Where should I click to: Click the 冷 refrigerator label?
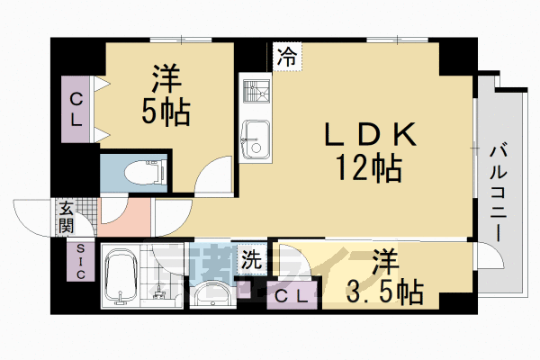coord(286,55)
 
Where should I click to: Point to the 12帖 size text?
coord(369,166)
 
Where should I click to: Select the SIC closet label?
coord(80,262)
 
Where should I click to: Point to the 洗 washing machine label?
coord(252,259)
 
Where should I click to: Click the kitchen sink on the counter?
coord(256,137)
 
